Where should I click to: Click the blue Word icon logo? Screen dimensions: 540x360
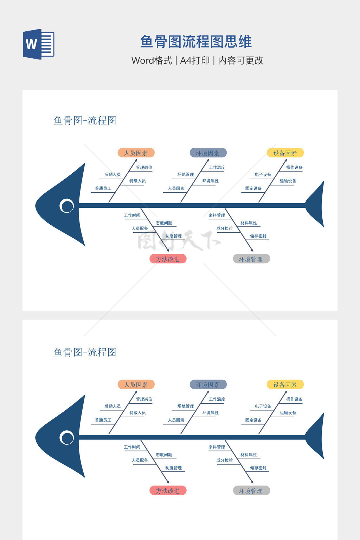(x=38, y=44)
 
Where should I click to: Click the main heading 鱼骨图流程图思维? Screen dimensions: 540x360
(x=196, y=42)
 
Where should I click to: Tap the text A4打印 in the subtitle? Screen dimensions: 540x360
(x=195, y=60)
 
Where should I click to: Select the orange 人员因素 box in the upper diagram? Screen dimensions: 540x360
(x=136, y=153)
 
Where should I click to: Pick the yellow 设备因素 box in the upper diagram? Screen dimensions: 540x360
(x=285, y=153)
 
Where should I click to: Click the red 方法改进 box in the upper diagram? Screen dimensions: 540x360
(x=168, y=259)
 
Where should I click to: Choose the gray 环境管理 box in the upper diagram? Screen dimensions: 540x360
(x=251, y=259)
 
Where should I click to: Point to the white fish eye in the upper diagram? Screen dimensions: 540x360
(x=67, y=206)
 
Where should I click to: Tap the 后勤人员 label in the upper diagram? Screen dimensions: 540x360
(x=112, y=174)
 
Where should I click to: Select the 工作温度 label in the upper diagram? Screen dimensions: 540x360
(x=217, y=167)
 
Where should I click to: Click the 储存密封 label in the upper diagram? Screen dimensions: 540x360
(x=258, y=236)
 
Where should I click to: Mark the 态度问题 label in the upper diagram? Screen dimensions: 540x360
(x=164, y=223)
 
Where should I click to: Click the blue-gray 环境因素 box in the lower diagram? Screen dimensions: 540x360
(x=208, y=385)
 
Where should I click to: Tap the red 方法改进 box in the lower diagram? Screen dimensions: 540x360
(x=168, y=491)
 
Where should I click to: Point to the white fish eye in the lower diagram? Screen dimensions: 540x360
(x=67, y=438)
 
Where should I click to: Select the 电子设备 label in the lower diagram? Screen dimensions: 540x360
(x=263, y=406)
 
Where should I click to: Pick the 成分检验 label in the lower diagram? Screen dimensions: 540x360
(x=224, y=460)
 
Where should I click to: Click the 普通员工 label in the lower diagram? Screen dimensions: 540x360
(x=103, y=420)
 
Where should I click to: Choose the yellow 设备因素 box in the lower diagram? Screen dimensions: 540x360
(x=285, y=385)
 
